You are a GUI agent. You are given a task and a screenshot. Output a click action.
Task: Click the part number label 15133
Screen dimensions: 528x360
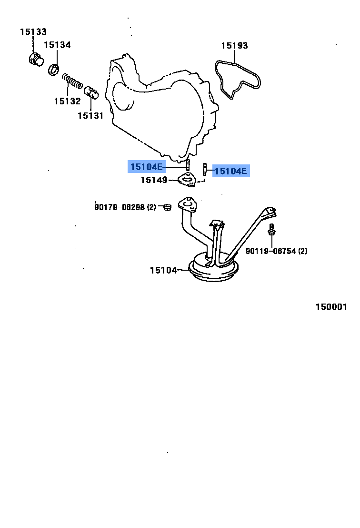[33, 32]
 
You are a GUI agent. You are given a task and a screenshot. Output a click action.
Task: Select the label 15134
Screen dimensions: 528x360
[57, 45]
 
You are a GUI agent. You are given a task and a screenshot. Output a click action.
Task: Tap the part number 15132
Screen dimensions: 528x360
[67, 101]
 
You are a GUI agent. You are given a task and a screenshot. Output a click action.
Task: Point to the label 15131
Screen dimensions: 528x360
[90, 115]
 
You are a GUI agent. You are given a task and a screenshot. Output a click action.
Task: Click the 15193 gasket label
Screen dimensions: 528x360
[234, 46]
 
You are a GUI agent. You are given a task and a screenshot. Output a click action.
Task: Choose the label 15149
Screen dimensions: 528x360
[154, 180]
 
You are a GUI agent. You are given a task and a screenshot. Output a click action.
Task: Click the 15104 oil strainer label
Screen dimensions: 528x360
[163, 270]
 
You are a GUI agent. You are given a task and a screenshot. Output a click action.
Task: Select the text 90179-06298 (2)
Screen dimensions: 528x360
[125, 207]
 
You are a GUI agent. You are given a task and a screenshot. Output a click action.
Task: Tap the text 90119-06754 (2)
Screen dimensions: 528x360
[276, 251]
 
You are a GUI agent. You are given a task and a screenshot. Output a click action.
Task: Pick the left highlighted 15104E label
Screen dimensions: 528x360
[146, 167]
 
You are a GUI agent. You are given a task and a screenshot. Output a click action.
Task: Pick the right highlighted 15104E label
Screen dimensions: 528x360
[231, 171]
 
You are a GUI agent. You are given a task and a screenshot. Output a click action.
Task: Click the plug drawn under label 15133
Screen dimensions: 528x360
[34, 60]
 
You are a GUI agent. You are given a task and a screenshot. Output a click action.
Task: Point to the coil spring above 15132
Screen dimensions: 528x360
[72, 81]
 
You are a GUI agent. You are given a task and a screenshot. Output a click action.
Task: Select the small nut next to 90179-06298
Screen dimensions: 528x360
[166, 207]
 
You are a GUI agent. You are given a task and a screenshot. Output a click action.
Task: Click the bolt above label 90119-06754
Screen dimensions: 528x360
[271, 230]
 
